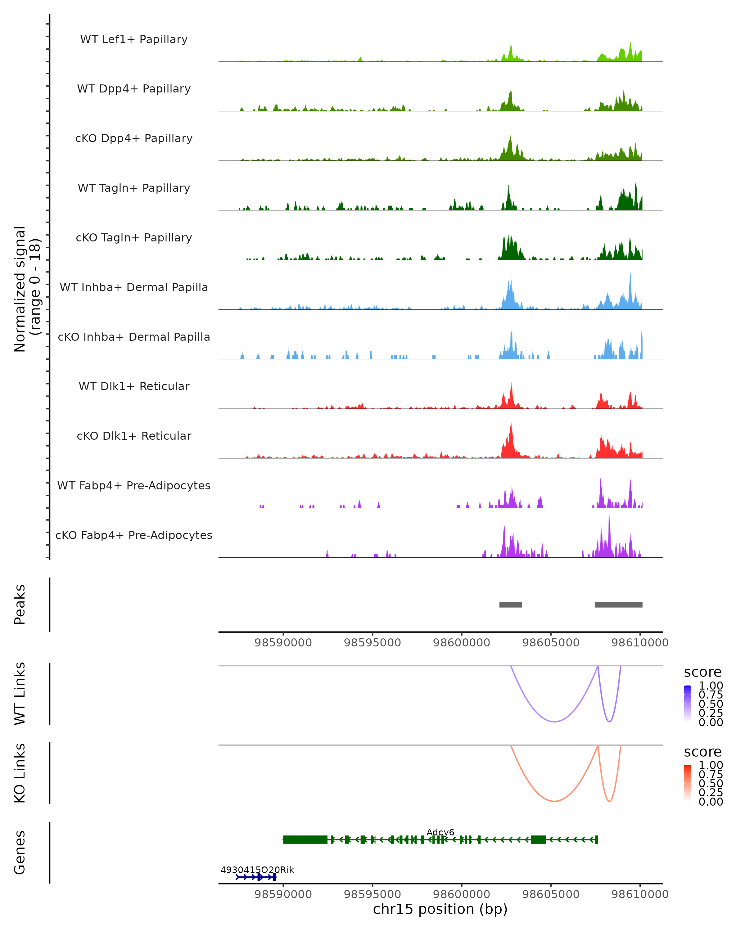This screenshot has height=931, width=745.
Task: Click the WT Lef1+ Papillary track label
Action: (134, 39)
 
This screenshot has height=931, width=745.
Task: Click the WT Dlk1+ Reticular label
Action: (134, 386)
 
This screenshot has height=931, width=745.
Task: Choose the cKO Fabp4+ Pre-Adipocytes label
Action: (134, 535)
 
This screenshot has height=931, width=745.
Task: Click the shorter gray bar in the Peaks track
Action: (511, 605)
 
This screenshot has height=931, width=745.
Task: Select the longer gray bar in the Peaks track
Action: (618, 605)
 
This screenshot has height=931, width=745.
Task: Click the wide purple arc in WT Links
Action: (554, 722)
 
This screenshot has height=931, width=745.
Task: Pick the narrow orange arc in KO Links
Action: (609, 801)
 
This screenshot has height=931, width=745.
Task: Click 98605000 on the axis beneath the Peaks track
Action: (551, 643)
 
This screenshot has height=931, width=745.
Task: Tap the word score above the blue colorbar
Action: (703, 672)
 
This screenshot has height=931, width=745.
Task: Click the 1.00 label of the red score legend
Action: (711, 766)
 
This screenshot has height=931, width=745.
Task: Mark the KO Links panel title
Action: (20, 773)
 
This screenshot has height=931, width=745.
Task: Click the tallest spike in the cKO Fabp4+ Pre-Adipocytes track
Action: (609, 514)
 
